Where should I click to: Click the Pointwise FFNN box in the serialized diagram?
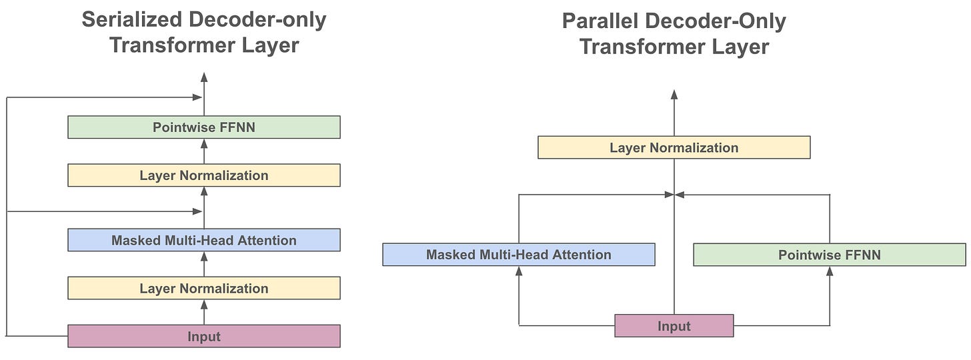pos(204,127)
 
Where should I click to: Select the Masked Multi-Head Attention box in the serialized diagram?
pos(204,240)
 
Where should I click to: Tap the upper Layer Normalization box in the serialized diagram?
pos(204,175)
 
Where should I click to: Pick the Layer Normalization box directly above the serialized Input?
pos(204,288)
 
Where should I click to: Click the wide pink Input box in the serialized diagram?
pos(204,336)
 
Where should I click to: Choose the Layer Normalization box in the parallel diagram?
pos(674,147)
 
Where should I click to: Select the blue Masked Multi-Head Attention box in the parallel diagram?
pos(518,255)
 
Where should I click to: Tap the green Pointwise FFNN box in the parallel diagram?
pos(829,255)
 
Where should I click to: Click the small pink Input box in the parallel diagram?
pos(674,326)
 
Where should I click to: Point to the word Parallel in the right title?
pos(600,21)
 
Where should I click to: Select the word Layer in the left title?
pos(270,45)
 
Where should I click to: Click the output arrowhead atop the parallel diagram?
pos(674,95)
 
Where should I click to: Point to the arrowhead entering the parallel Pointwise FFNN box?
pos(830,271)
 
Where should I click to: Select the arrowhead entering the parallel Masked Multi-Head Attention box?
pos(519,271)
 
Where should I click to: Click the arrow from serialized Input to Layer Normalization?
pos(204,312)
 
